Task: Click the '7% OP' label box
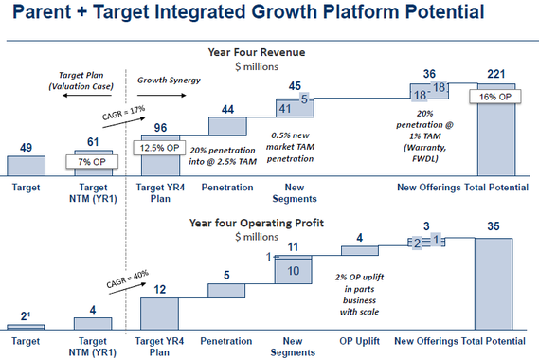[92, 161]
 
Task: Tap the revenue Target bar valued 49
[26, 166]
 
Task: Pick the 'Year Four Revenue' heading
[269, 53]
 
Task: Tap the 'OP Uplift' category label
[358, 340]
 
